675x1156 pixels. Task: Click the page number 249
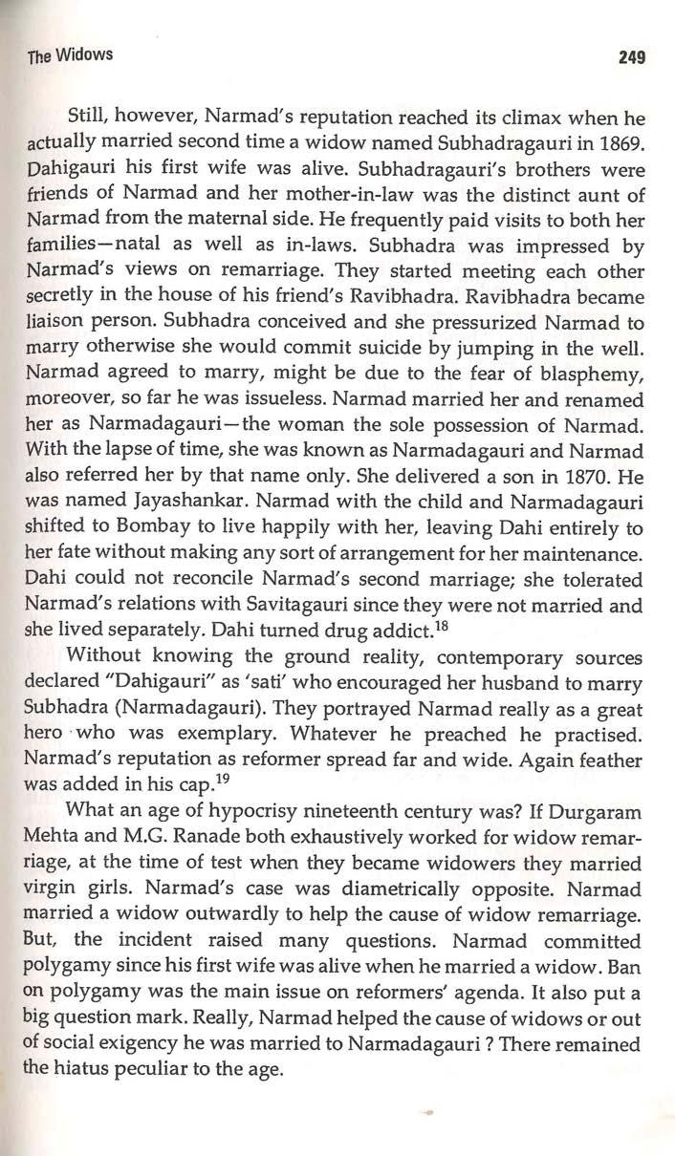(x=633, y=56)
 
